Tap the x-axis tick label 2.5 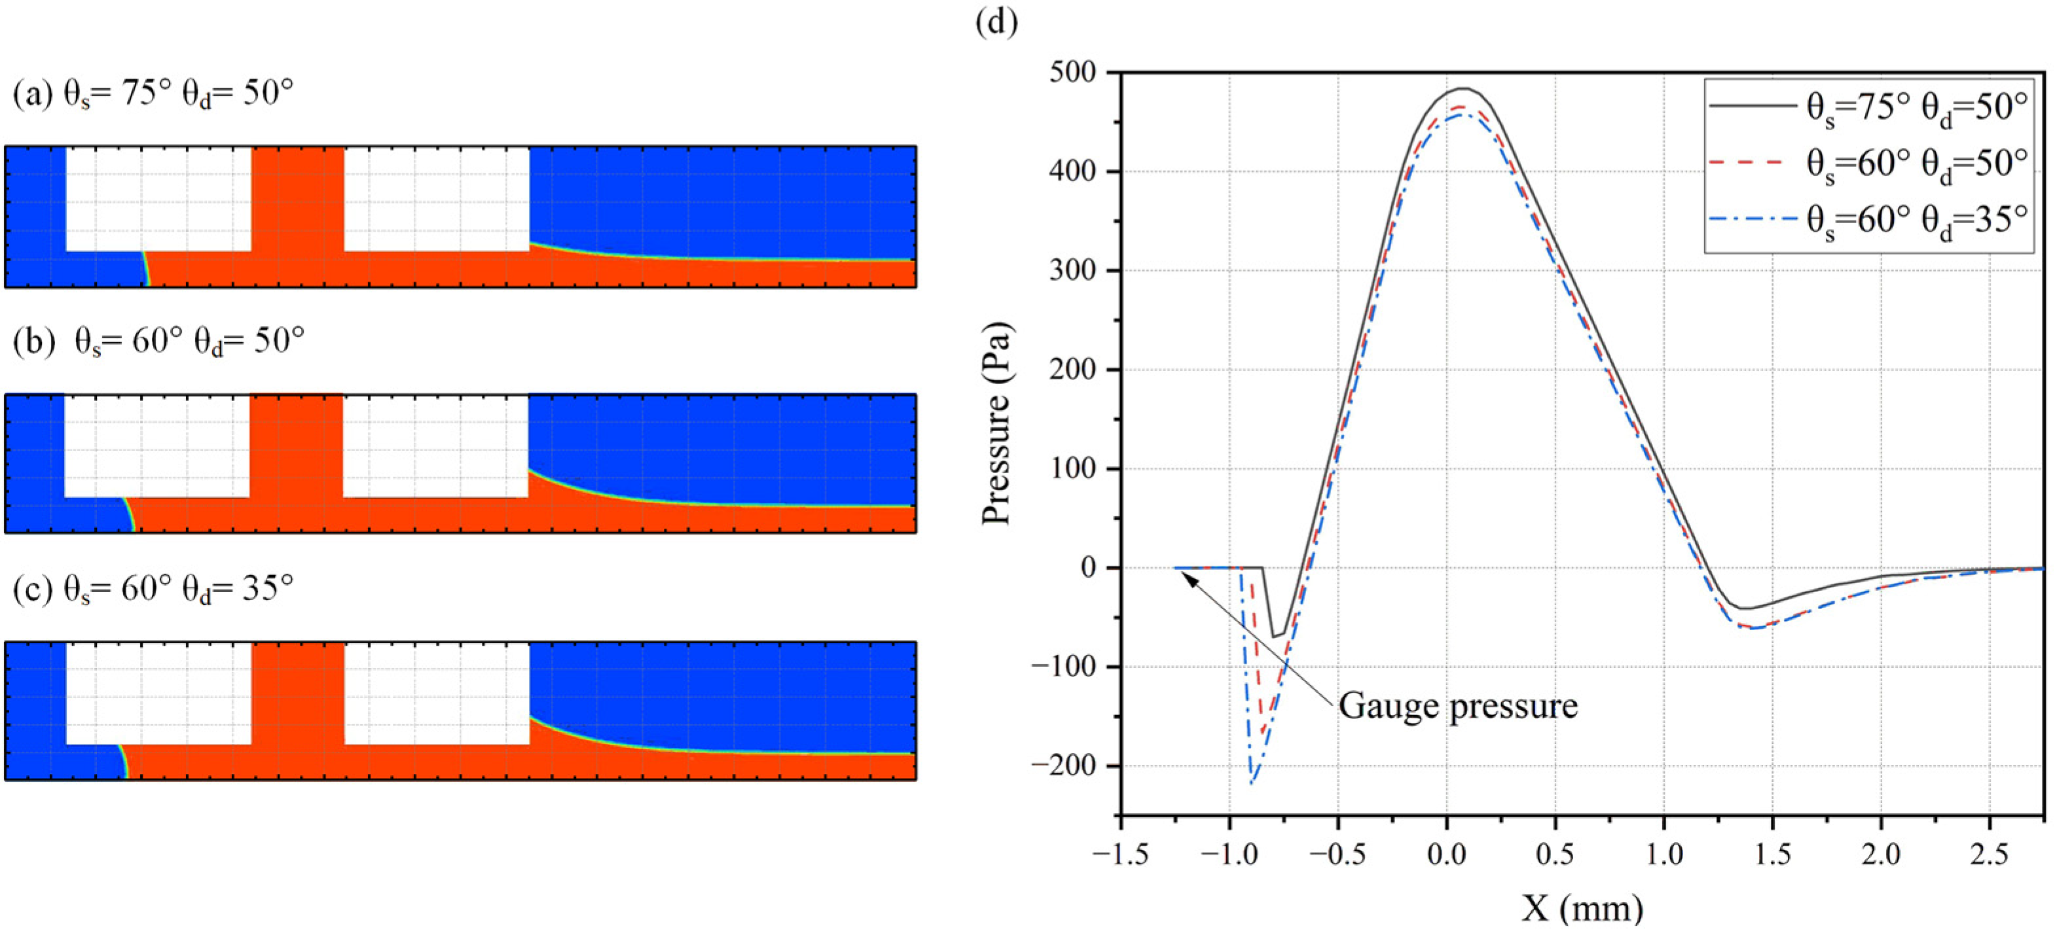pos(1989,855)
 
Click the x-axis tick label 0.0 pos(1446,855)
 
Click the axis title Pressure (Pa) pos(996,423)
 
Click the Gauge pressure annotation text pos(1457,706)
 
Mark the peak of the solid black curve pos(1464,88)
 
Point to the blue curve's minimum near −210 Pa pos(1252,783)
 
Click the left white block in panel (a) pos(158,198)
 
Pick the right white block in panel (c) pos(437,693)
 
